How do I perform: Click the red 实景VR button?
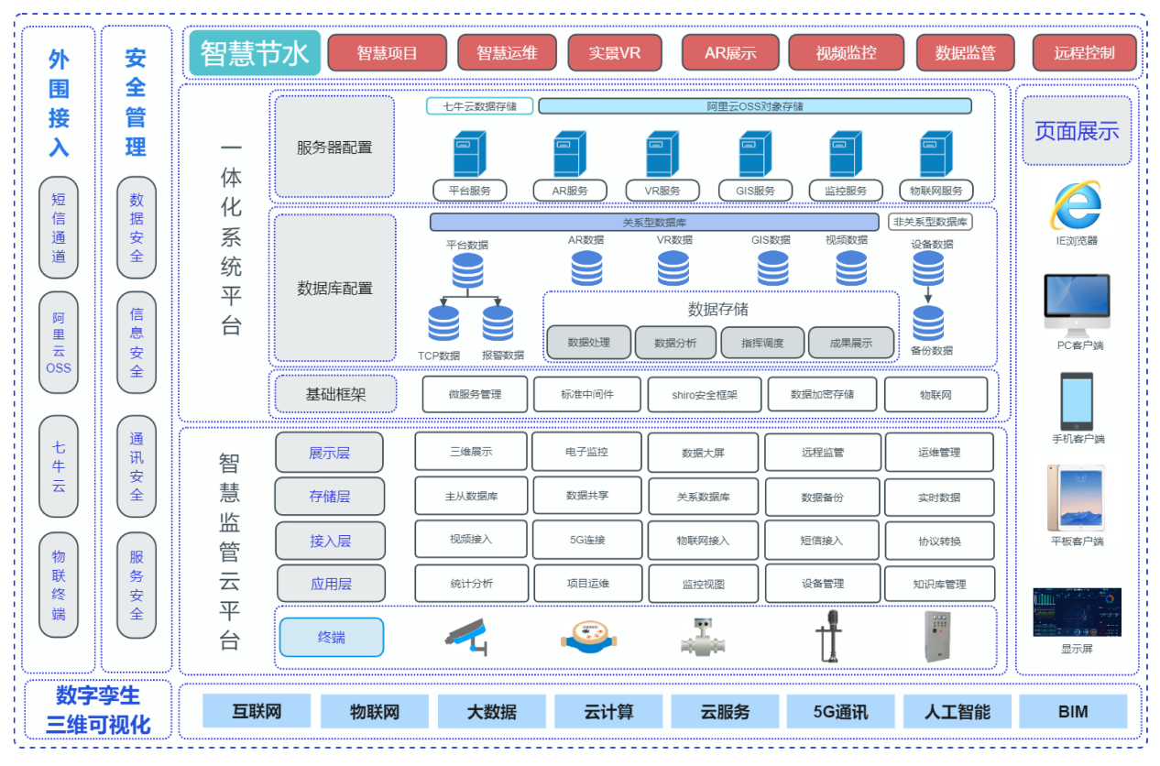[x=615, y=53]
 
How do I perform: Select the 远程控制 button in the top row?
[x=1084, y=53]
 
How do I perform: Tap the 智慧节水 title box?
[x=255, y=53]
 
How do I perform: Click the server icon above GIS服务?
[x=755, y=154]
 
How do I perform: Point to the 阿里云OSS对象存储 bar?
[x=754, y=106]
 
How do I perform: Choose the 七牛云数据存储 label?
[x=479, y=106]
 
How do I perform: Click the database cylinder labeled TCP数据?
[x=443, y=323]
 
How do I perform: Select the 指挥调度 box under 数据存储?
[x=761, y=343]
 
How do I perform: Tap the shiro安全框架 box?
[x=704, y=395]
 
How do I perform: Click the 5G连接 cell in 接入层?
[x=587, y=540]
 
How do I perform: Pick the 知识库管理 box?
[x=939, y=584]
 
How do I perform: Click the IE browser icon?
[x=1076, y=205]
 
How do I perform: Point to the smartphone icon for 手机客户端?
[x=1077, y=400]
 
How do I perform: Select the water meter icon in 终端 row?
[x=584, y=637]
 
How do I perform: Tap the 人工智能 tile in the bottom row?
[x=957, y=712]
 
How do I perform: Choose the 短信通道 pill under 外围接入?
[x=59, y=228]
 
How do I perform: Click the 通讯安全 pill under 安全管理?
[x=137, y=466]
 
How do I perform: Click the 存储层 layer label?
[x=330, y=497]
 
